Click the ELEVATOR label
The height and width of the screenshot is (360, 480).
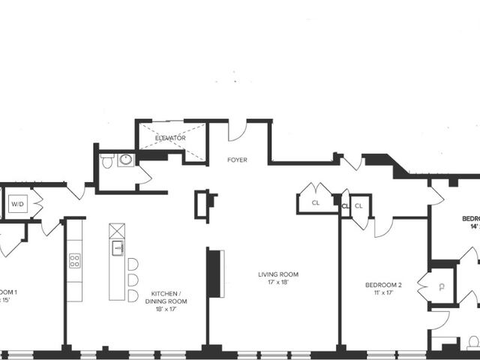pyautogui.click(x=170, y=138)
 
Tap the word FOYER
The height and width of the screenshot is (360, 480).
pyautogui.click(x=237, y=160)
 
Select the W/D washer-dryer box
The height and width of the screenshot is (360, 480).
pyautogui.click(x=17, y=203)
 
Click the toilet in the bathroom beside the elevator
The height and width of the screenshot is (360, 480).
pyautogui.click(x=107, y=160)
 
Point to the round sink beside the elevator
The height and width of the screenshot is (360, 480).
pyautogui.click(x=125, y=160)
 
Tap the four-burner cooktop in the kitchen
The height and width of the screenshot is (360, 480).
pyautogui.click(x=75, y=260)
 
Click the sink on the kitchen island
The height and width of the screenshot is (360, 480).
pyautogui.click(x=118, y=248)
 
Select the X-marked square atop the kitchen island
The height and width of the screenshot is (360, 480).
pyautogui.click(x=117, y=230)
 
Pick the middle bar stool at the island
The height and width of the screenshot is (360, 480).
pyautogui.click(x=133, y=280)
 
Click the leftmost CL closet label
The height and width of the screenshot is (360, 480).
pyautogui.click(x=315, y=202)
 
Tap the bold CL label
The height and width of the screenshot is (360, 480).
pyautogui.click(x=346, y=204)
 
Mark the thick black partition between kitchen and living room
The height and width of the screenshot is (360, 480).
pyautogui.click(x=215, y=272)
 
